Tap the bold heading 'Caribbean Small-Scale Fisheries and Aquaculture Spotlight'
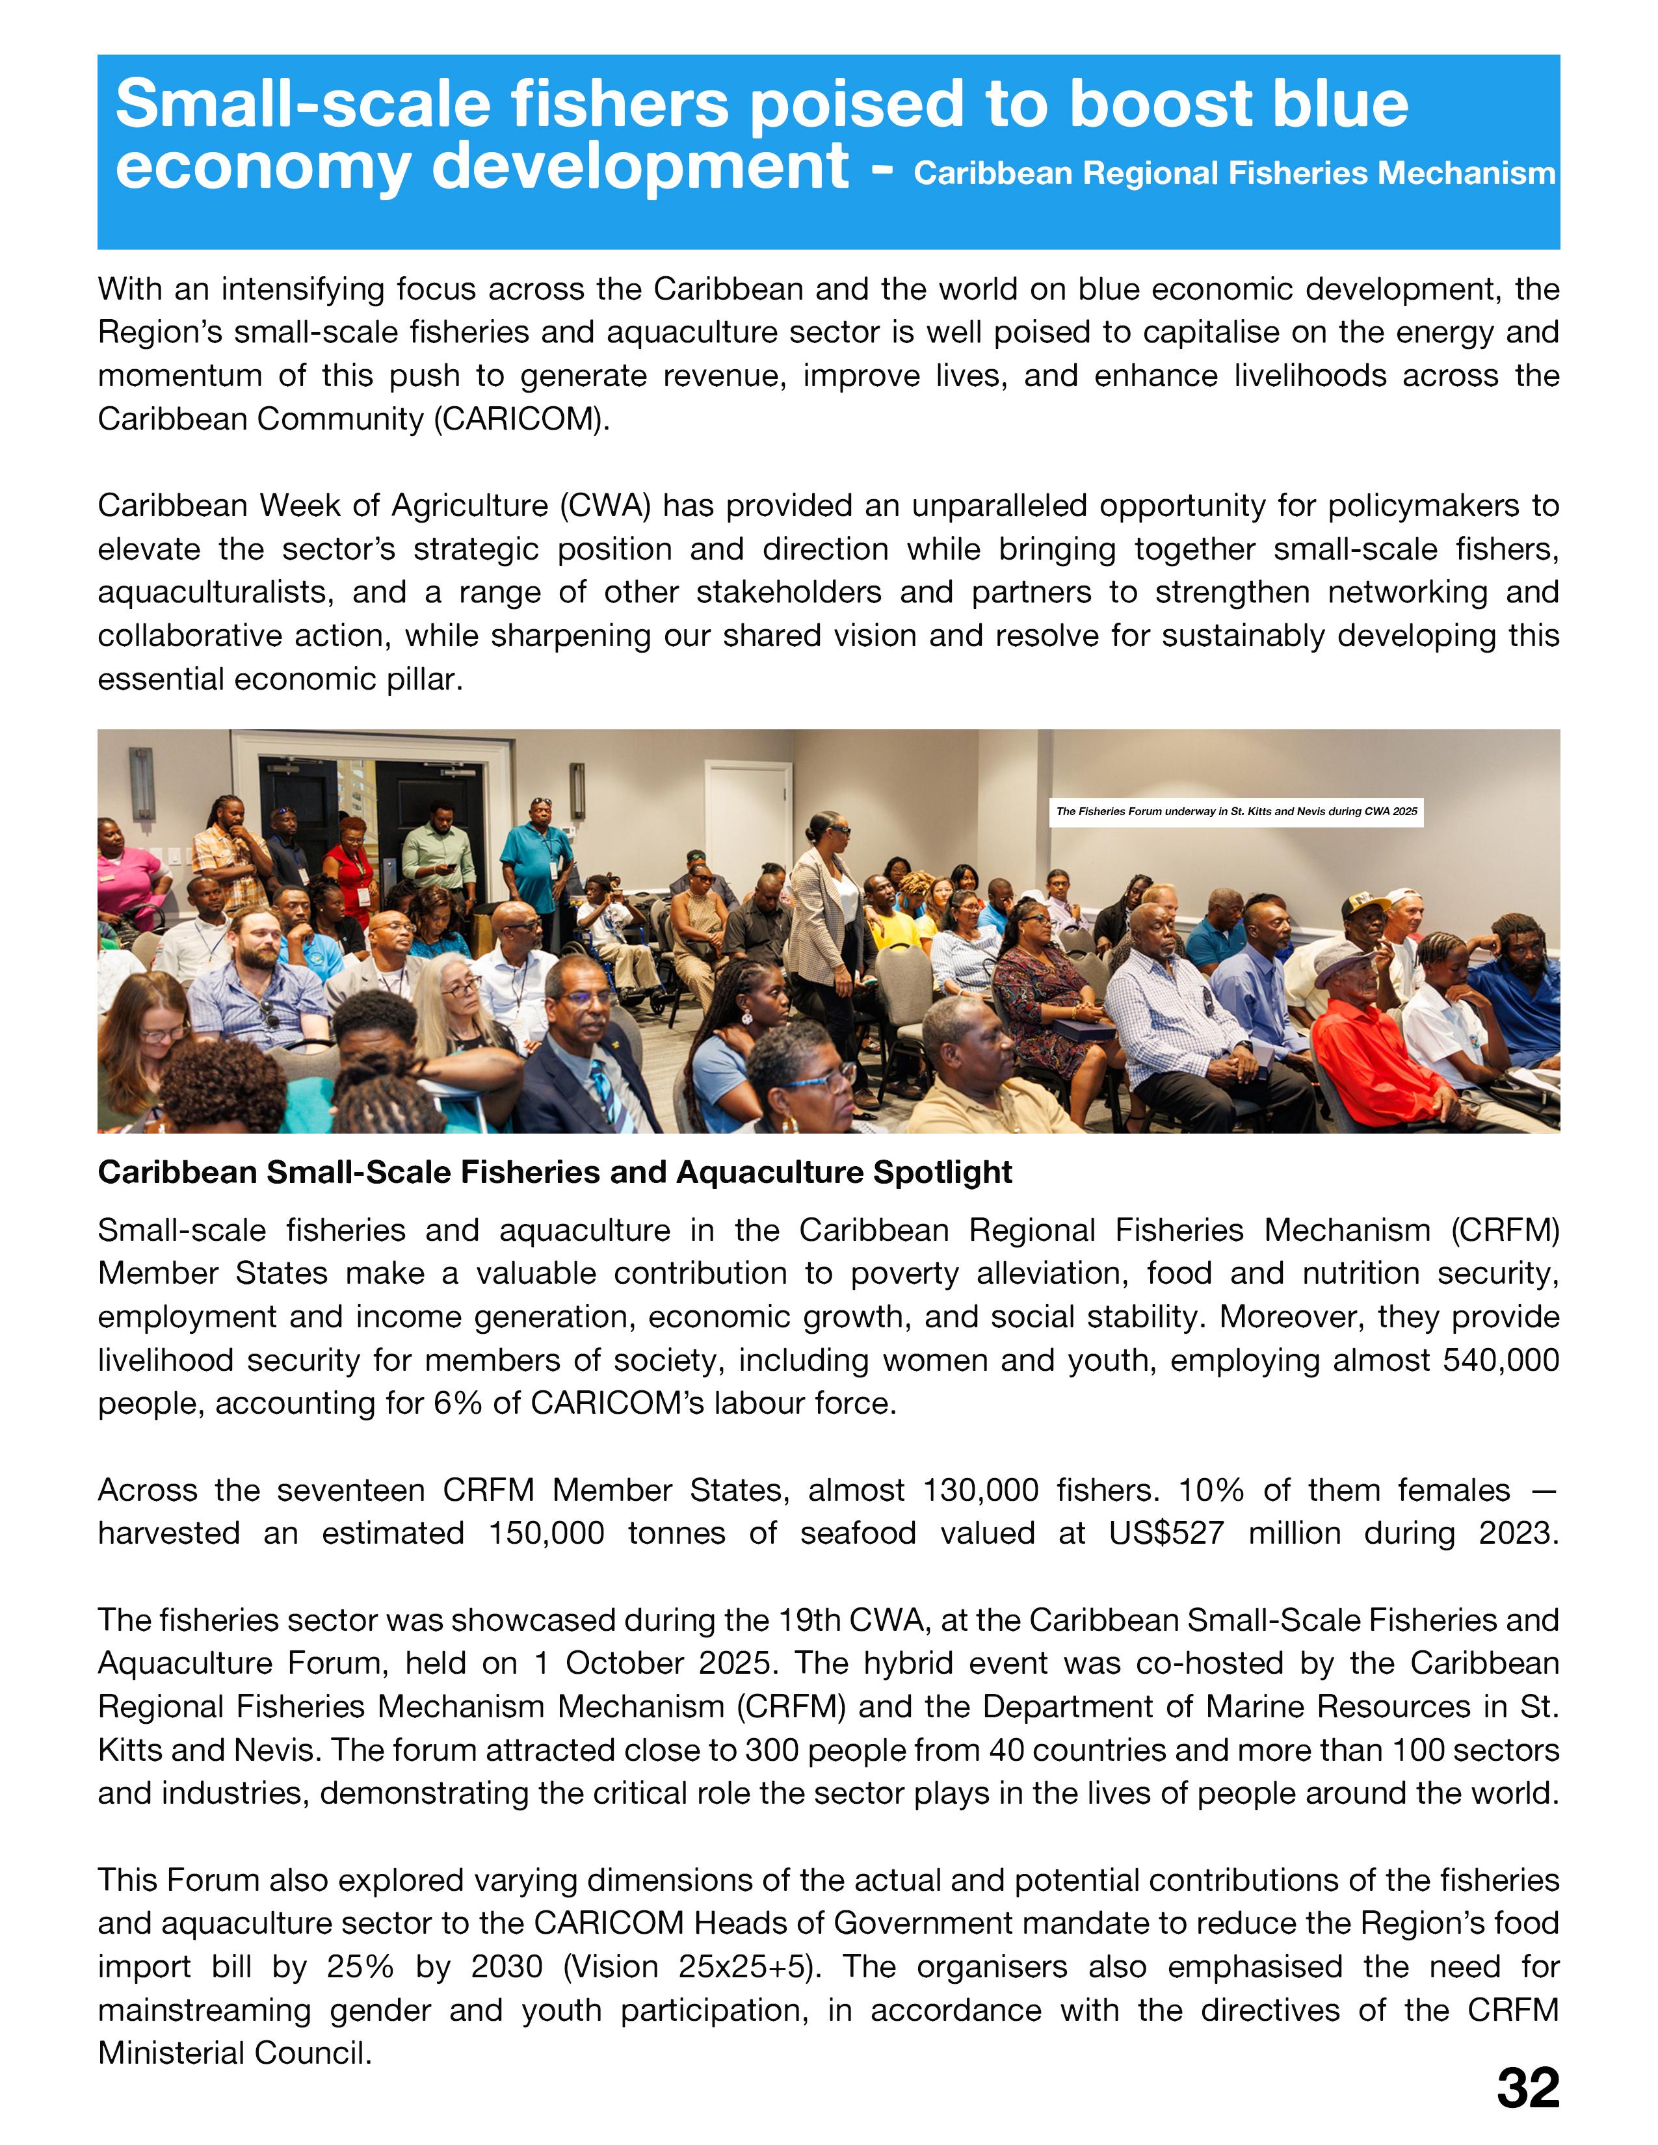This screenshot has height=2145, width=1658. (555, 1172)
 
